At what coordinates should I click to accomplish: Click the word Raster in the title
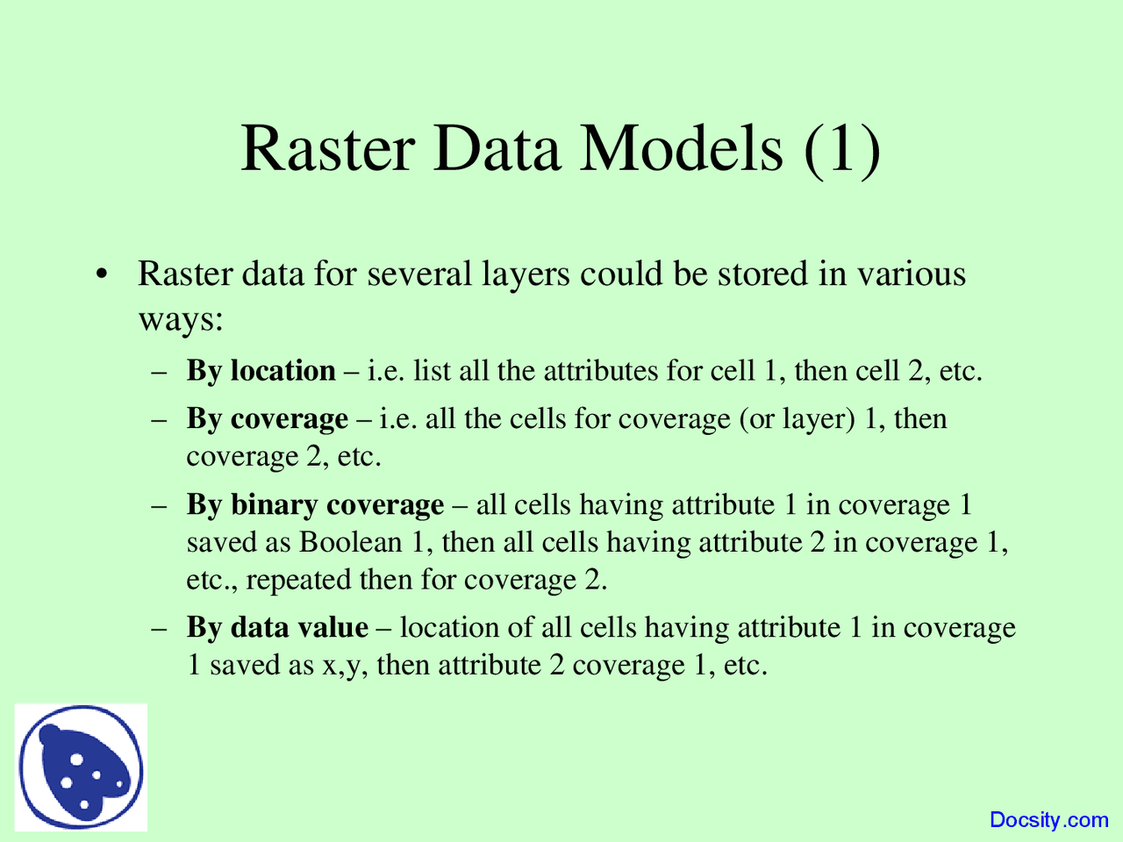click(327, 148)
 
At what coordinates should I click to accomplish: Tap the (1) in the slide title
click(842, 150)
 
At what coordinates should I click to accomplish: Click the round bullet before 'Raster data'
click(103, 274)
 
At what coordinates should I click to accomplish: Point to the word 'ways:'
click(181, 321)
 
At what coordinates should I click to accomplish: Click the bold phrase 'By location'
click(261, 371)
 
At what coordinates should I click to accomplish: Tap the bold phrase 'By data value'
click(277, 627)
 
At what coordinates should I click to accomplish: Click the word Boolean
click(350, 542)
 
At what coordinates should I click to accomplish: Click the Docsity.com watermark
click(1048, 819)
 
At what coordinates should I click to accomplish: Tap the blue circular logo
click(81, 767)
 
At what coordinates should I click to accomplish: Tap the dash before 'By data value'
click(159, 628)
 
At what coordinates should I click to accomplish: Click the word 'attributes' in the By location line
click(601, 371)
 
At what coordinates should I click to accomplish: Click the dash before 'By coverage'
click(159, 420)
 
